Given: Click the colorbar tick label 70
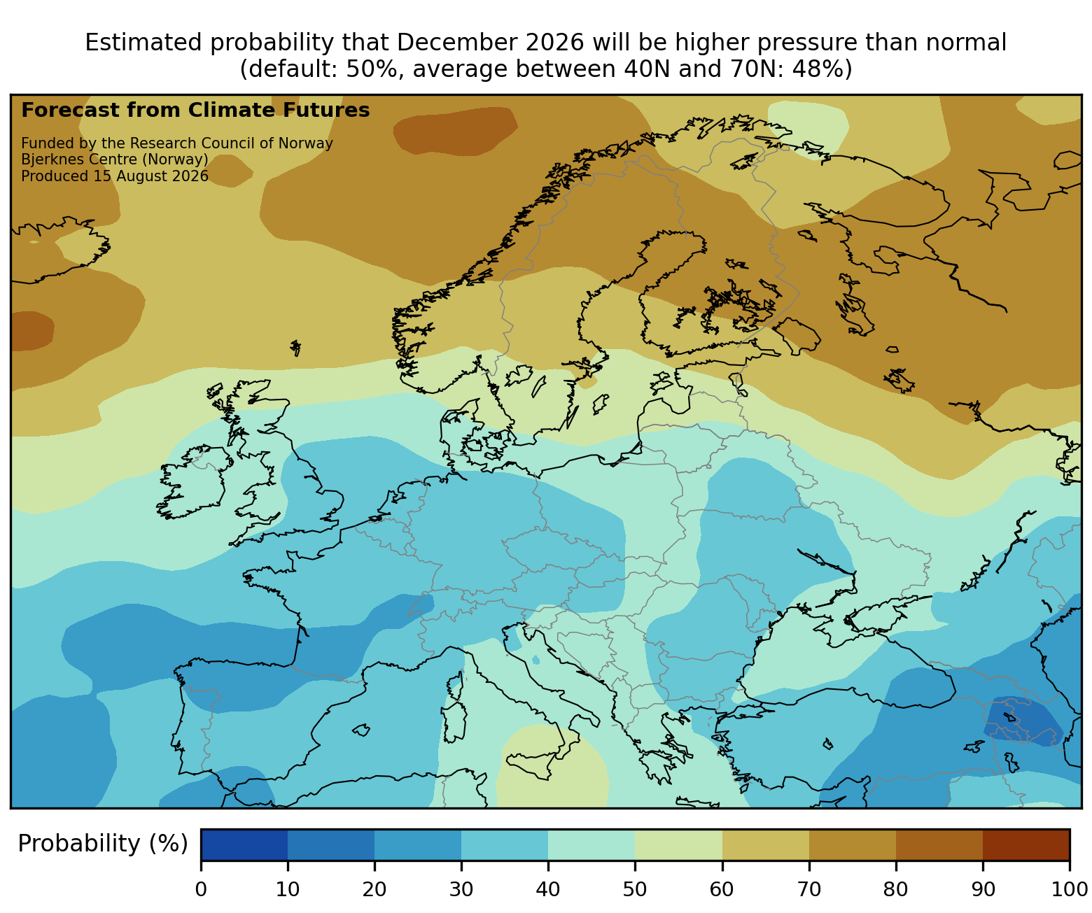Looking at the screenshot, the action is pyautogui.click(x=808, y=889).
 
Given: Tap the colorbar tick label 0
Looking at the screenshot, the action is pyautogui.click(x=201, y=889).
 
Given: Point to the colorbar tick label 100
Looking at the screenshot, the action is pyautogui.click(x=1070, y=889).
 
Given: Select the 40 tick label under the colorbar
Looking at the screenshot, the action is pyautogui.click(x=548, y=889).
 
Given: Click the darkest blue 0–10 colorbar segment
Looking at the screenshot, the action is pyautogui.click(x=244, y=844).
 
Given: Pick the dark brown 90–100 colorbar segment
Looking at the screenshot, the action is pyautogui.click(x=1026, y=844).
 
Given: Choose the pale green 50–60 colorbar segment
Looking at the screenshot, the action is pyautogui.click(x=678, y=844).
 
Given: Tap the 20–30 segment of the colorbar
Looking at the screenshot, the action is pyautogui.click(x=418, y=844).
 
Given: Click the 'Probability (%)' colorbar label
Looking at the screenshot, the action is pyautogui.click(x=102, y=844).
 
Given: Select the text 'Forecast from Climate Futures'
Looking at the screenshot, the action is pyautogui.click(x=195, y=111).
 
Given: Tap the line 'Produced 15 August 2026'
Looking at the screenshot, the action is pyautogui.click(x=115, y=176).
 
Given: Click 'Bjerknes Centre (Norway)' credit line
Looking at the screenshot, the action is pyautogui.click(x=115, y=160).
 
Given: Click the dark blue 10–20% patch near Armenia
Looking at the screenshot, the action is pyautogui.click(x=1023, y=722).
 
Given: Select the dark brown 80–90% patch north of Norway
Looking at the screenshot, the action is pyautogui.click(x=454, y=131).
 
